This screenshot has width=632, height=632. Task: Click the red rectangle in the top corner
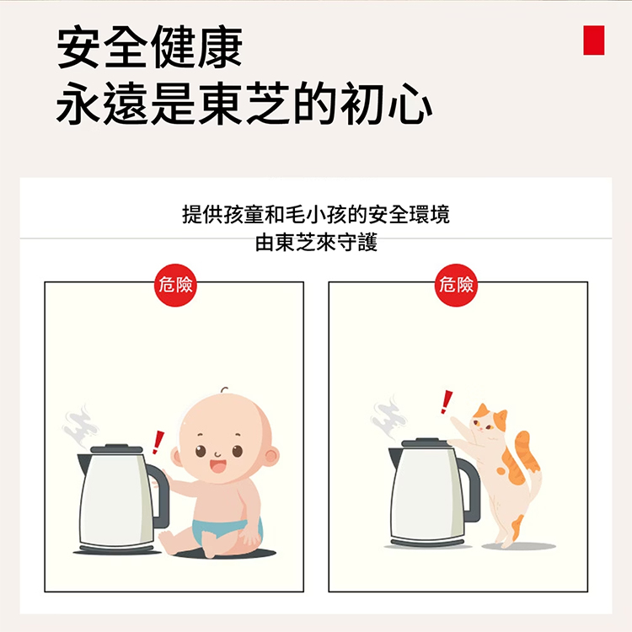click(594, 40)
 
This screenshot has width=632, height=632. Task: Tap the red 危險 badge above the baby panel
click(175, 285)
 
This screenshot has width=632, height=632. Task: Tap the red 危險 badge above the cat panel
click(456, 285)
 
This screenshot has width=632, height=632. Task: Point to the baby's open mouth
click(218, 466)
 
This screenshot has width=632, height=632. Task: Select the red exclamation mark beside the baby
click(158, 442)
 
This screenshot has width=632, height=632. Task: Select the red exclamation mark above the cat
click(446, 402)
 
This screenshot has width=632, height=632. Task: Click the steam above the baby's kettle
click(81, 426)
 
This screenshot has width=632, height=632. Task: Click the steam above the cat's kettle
click(388, 417)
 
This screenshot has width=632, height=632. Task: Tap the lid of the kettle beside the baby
click(116, 448)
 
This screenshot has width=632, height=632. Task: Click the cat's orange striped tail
click(527, 452)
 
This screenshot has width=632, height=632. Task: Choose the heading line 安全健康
click(149, 46)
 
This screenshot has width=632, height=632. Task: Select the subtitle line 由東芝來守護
click(316, 242)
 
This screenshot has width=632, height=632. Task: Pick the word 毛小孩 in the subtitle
click(316, 214)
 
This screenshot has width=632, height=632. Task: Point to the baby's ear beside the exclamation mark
click(176, 457)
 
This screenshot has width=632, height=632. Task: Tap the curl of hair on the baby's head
click(224, 390)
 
